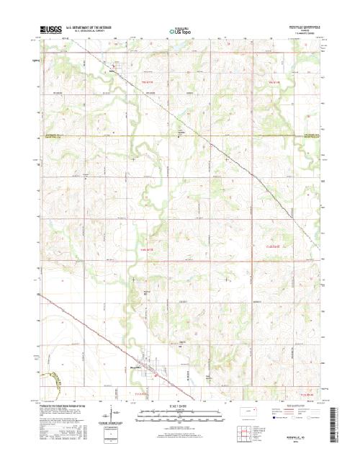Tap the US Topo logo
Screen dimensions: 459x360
tap(179, 32)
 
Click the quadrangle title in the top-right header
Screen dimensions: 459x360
tap(308, 27)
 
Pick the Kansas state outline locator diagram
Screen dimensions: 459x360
tap(250, 412)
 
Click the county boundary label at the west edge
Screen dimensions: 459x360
tap(56, 135)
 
